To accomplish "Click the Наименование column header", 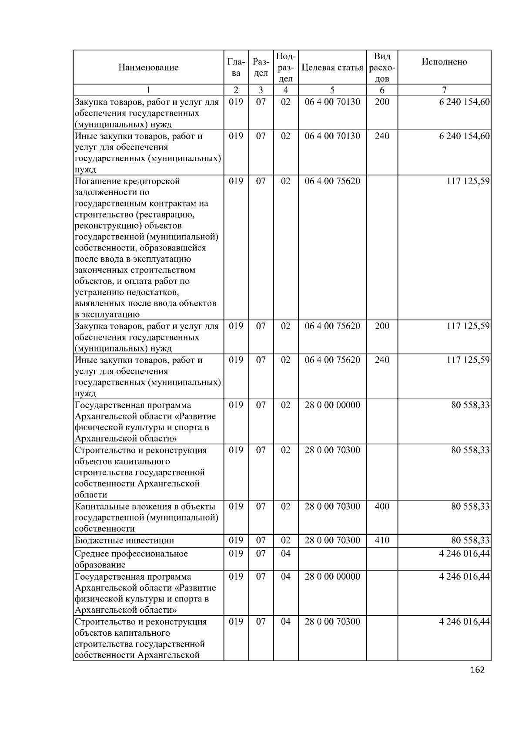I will tap(148, 67).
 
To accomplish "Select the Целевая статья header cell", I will tap(332, 67).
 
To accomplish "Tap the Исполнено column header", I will tap(444, 62).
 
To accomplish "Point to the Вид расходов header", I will tap(382, 67).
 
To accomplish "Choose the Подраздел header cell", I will tap(285, 67).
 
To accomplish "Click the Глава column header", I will tap(236, 67).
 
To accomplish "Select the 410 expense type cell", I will tap(382, 540).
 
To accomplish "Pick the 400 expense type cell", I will tap(382, 506).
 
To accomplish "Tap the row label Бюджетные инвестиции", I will tap(124, 541).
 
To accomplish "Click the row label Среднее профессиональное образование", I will tap(131, 559).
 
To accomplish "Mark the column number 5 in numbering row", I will tap(332, 90).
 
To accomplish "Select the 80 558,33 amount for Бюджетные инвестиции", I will tap(470, 540).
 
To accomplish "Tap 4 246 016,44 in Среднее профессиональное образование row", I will tap(465, 553).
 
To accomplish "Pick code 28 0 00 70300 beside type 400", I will tap(332, 506).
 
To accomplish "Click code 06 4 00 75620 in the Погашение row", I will tap(332, 181).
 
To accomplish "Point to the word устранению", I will tap(99, 292).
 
